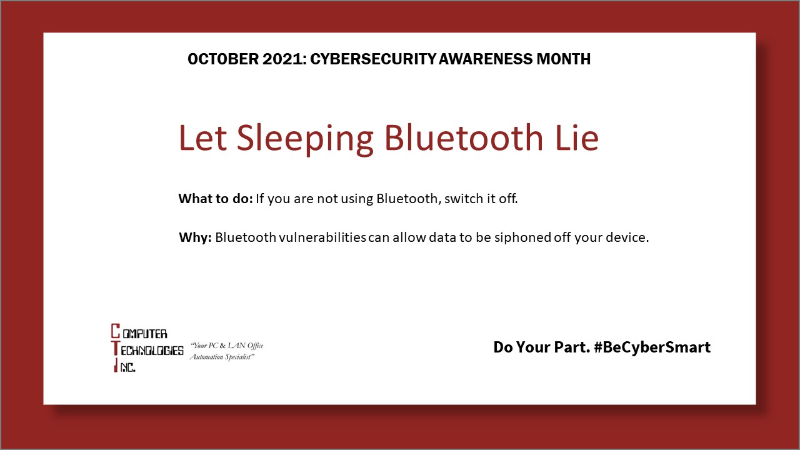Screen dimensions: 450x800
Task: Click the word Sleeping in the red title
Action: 305,139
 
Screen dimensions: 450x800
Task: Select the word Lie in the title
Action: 576,137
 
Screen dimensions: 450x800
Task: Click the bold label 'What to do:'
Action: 215,199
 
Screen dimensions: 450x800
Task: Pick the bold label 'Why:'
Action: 196,238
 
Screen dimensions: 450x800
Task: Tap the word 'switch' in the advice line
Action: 460,199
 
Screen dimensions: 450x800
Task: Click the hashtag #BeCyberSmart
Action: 652,347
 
